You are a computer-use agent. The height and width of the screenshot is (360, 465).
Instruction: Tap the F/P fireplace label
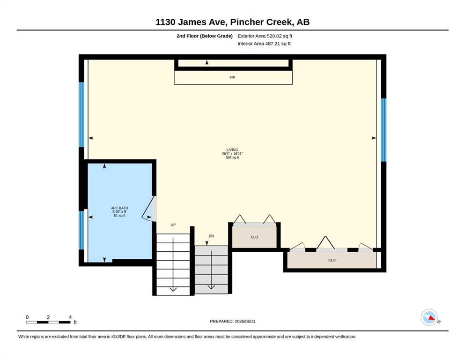click(x=232, y=77)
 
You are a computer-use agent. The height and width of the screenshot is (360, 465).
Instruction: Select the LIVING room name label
click(x=232, y=150)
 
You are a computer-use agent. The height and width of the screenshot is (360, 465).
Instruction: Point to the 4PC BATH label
click(x=119, y=208)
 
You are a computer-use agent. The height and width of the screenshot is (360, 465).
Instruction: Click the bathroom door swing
click(x=148, y=209)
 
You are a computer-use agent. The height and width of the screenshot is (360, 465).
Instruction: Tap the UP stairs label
click(x=173, y=225)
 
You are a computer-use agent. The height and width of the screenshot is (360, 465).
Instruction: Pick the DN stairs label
click(x=211, y=236)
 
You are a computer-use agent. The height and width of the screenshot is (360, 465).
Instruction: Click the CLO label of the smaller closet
click(x=254, y=237)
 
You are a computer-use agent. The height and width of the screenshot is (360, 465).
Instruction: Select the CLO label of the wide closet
click(x=332, y=260)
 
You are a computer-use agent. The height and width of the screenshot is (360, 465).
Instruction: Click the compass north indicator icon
click(x=429, y=317)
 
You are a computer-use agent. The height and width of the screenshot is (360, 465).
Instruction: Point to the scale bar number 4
click(x=70, y=317)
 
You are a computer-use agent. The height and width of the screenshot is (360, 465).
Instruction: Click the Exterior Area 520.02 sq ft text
click(x=265, y=36)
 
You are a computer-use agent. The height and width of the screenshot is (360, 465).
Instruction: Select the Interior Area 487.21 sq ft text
click(x=264, y=44)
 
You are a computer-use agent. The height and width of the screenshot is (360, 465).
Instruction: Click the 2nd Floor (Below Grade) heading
click(x=205, y=36)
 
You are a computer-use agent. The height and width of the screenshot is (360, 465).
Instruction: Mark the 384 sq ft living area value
click(x=232, y=157)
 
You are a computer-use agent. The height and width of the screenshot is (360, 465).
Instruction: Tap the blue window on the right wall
click(x=384, y=130)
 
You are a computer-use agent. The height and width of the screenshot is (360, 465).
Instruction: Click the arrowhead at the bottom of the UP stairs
click(x=173, y=289)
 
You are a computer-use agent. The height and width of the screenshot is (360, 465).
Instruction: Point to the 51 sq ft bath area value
click(x=119, y=216)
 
